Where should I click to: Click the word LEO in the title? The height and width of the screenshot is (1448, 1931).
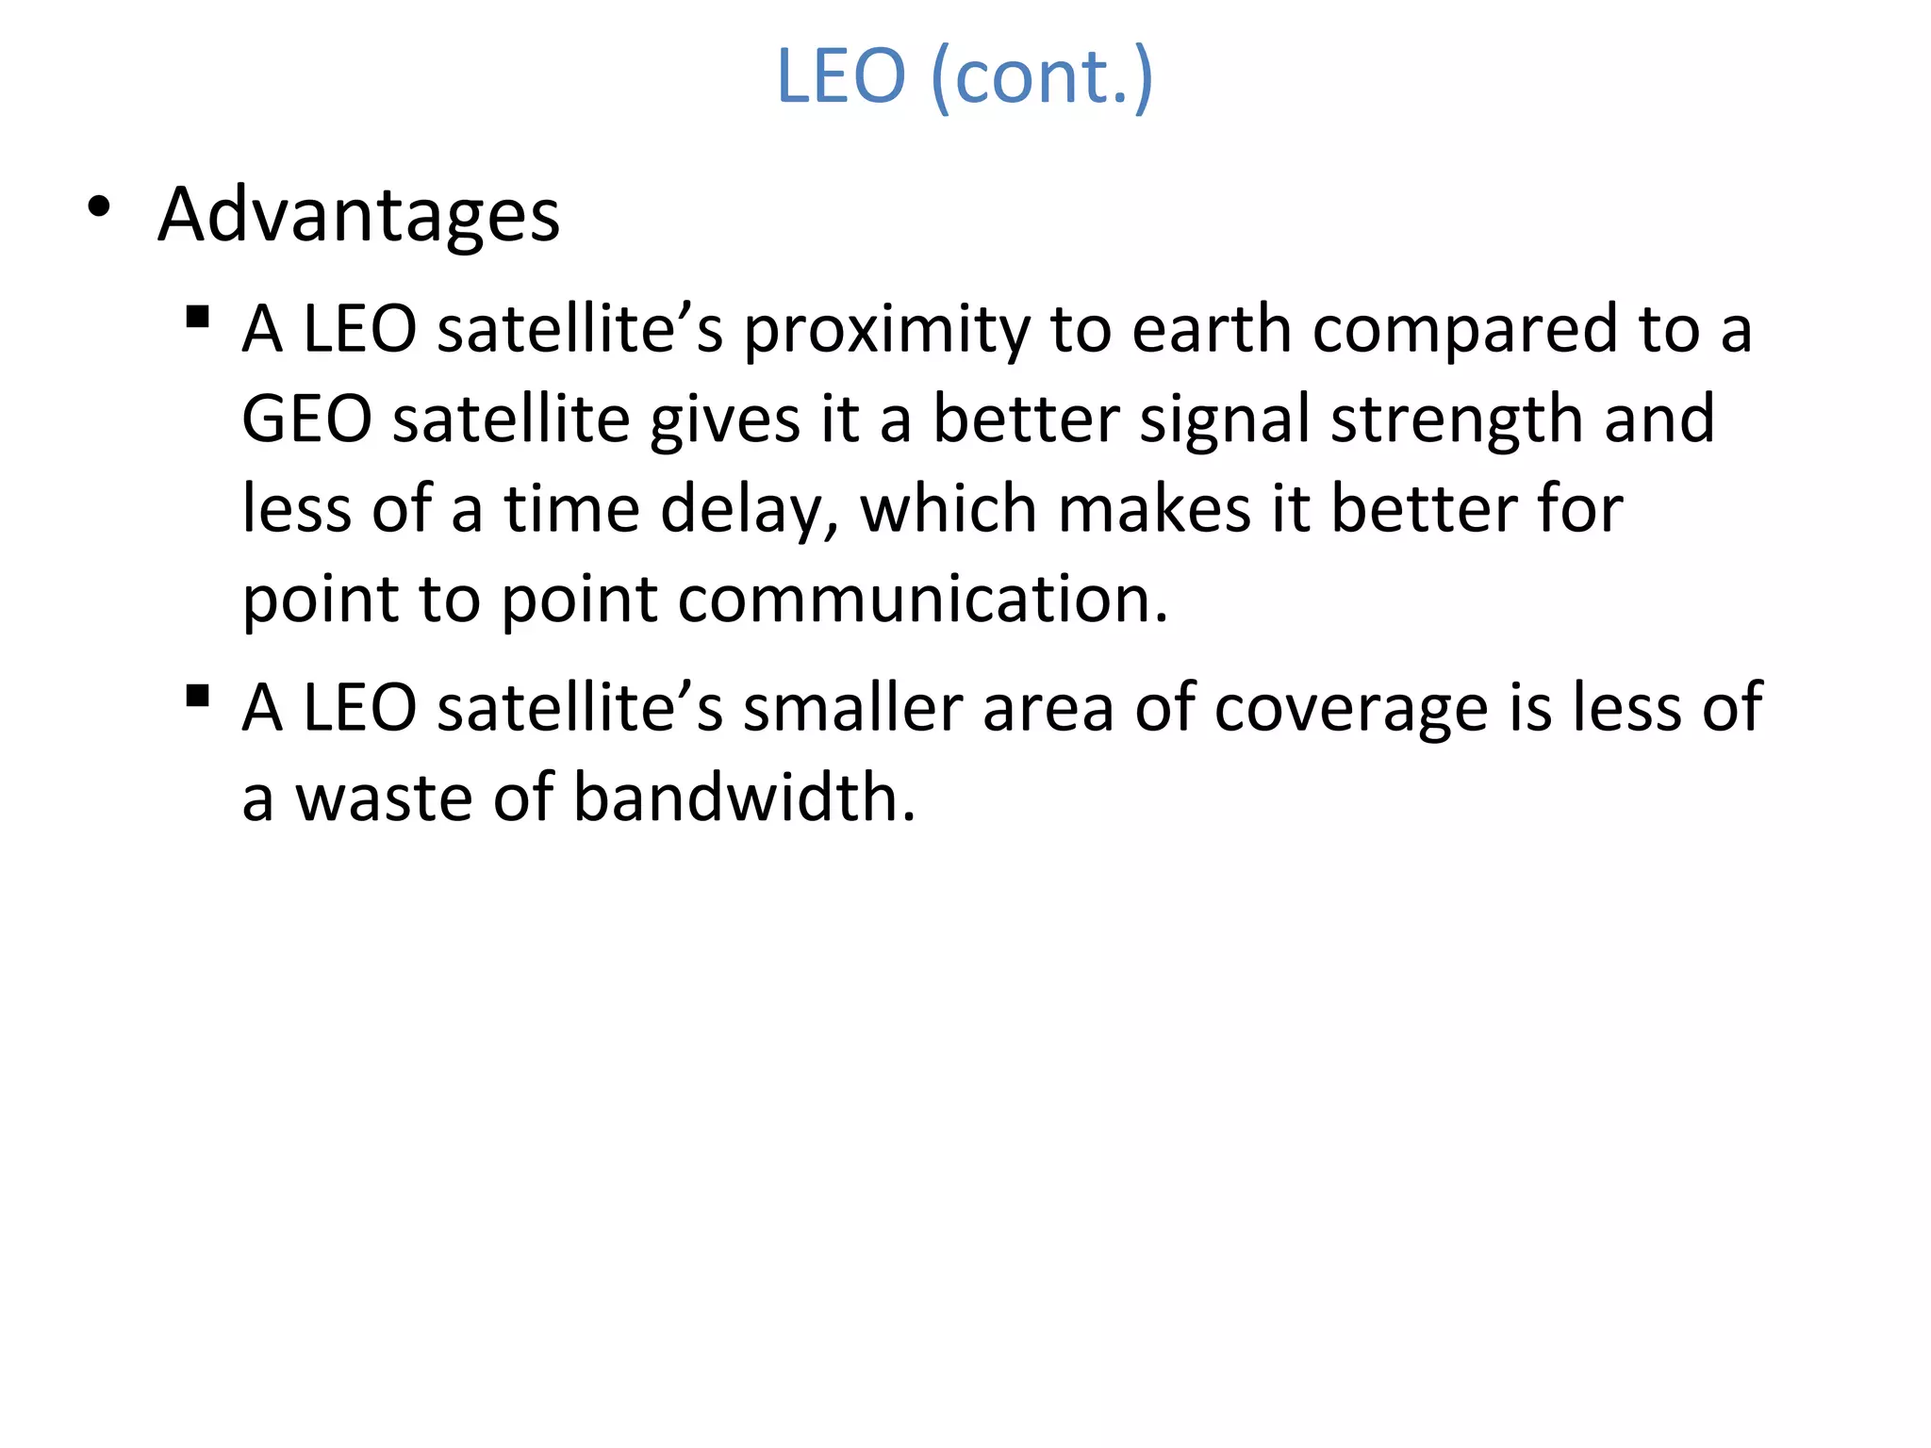pyautogui.click(x=840, y=76)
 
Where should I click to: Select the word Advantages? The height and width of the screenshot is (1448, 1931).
pyautogui.click(x=358, y=215)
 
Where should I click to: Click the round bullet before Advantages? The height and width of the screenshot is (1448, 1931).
pyautogui.click(x=99, y=206)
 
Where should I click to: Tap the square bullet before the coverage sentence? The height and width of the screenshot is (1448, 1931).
pyautogui.click(x=197, y=696)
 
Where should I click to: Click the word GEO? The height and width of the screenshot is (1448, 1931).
pyautogui.click(x=307, y=420)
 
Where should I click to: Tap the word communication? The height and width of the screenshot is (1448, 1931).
pyautogui.click(x=923, y=600)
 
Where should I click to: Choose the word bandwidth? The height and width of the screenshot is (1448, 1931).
pyautogui.click(x=745, y=798)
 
